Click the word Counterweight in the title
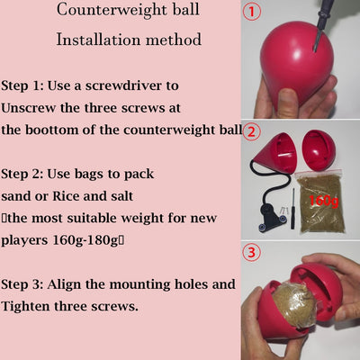[112, 10]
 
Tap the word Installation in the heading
[98, 40]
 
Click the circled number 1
[252, 12]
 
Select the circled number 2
[251, 132]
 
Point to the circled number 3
[251, 252]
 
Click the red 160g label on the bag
[323, 201]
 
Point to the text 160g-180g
[85, 240]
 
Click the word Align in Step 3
[64, 284]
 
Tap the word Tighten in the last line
[25, 306]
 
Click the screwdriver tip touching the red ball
[315, 49]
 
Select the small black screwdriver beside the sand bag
[292, 209]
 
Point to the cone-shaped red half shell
[274, 154]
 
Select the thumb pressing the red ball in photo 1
[287, 102]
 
